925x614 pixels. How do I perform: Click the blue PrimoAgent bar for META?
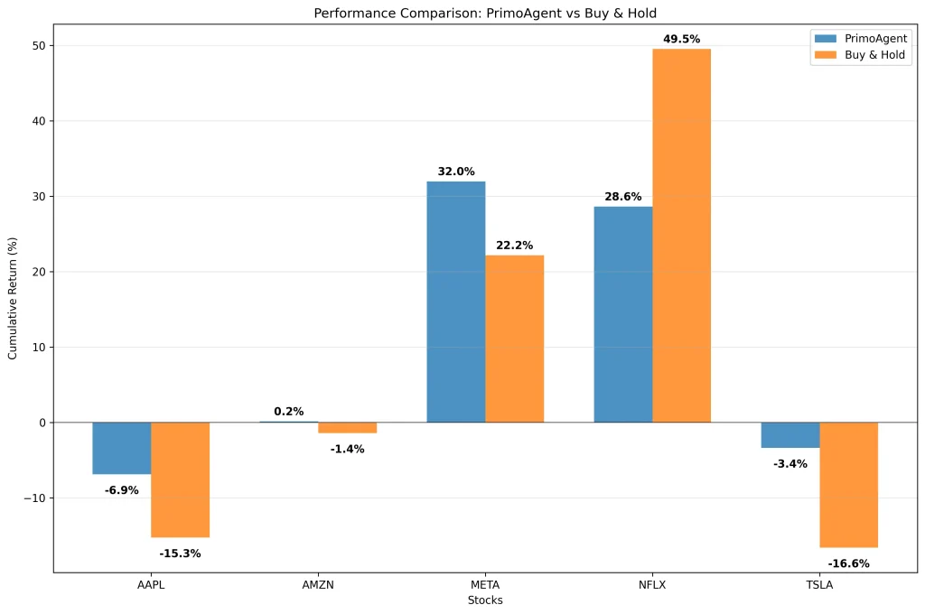(455, 302)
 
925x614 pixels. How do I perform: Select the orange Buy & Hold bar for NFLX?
(681, 235)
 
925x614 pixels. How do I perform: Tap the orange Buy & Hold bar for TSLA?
(848, 484)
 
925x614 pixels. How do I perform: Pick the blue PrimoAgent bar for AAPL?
(121, 448)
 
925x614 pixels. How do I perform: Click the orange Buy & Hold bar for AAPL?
(180, 479)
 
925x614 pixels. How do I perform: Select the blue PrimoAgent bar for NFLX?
(622, 314)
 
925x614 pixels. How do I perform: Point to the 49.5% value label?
(681, 39)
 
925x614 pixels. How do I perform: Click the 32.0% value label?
(455, 172)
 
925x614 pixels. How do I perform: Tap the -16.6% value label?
(848, 563)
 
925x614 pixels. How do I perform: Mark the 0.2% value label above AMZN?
(288, 412)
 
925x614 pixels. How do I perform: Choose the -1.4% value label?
(347, 449)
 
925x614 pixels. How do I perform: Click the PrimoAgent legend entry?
(862, 38)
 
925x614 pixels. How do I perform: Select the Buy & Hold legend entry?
(862, 54)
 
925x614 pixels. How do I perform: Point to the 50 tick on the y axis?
(38, 46)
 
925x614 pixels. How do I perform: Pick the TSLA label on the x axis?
(819, 585)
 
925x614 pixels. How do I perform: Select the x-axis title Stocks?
(485, 600)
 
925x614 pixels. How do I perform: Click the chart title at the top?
(485, 13)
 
